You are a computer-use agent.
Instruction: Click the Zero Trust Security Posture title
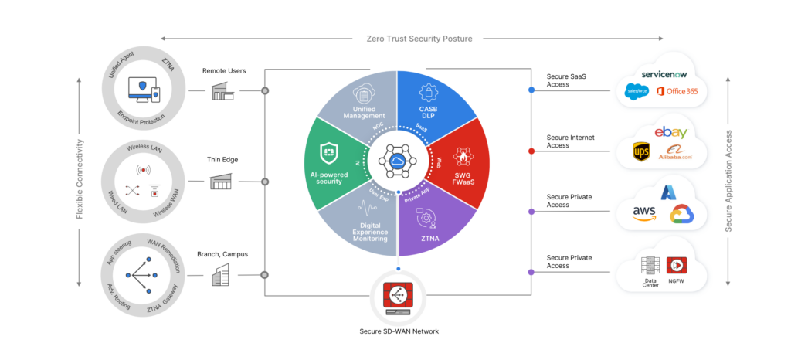click(x=412, y=37)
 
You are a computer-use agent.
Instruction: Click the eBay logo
click(x=669, y=132)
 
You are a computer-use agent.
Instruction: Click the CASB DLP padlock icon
click(x=429, y=93)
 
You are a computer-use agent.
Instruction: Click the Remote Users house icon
click(x=223, y=91)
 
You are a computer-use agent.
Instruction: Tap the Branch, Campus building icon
click(x=222, y=275)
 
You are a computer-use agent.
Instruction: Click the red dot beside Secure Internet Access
click(x=531, y=151)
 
